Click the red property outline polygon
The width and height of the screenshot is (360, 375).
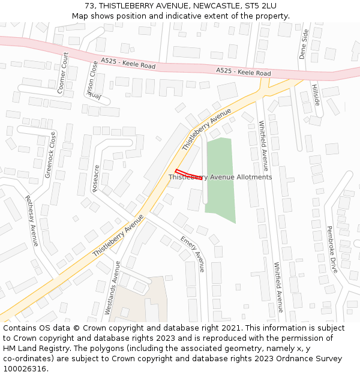coord(187,175)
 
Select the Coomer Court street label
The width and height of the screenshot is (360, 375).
coord(62,73)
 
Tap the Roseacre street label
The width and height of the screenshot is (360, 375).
coord(97,178)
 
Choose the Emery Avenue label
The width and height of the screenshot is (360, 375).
coord(193,254)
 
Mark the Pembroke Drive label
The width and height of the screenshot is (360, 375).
coord(332,249)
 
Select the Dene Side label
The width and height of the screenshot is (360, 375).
coord(304,44)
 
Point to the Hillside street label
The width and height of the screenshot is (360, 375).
coord(316,95)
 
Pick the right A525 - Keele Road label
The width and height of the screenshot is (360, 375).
coord(244,72)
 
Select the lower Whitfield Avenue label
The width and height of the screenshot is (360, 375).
coord(278,287)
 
